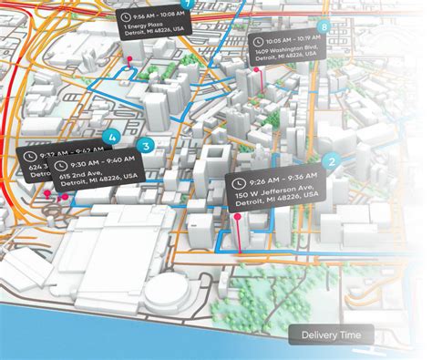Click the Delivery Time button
pyautogui.click(x=331, y=336)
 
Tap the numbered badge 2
pyautogui.click(x=333, y=162)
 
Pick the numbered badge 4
pyautogui.click(x=112, y=138)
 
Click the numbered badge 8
pyautogui.click(x=325, y=28)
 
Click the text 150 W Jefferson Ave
pyautogui.click(x=279, y=194)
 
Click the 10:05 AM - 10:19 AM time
pyautogui.click(x=291, y=41)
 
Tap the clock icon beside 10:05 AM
pyautogui.click(x=259, y=41)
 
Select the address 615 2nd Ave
pyautogui.click(x=94, y=176)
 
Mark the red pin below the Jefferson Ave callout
pyautogui.click(x=239, y=220)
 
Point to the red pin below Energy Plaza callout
pyautogui.click(x=129, y=60)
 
